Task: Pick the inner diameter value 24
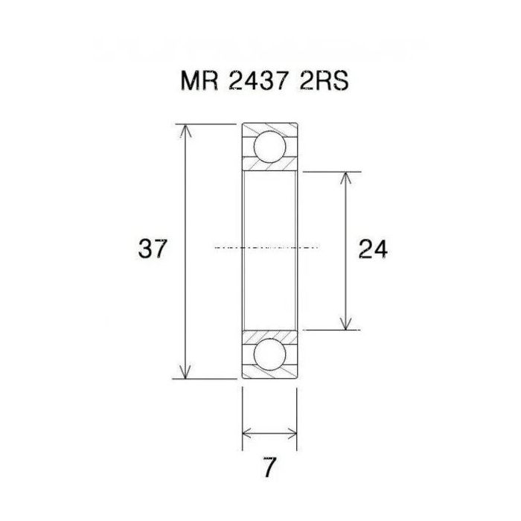pyautogui.click(x=372, y=249)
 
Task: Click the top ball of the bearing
pyautogui.click(x=269, y=147)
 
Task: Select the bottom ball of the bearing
pyautogui.click(x=269, y=353)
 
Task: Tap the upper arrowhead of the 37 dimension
pyautogui.click(x=186, y=131)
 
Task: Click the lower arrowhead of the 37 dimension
pyautogui.click(x=186, y=370)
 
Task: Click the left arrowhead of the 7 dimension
pyautogui.click(x=249, y=432)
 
